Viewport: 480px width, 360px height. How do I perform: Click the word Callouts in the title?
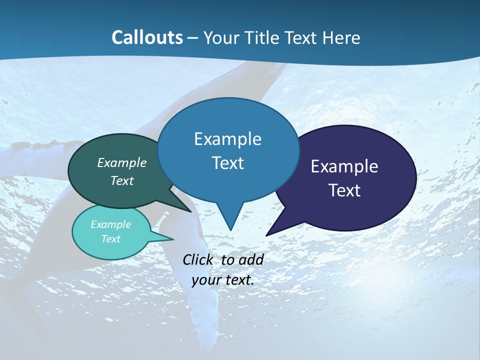pos(147,37)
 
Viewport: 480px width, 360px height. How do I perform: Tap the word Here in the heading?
pos(341,37)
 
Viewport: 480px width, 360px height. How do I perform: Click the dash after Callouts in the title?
pos(193,37)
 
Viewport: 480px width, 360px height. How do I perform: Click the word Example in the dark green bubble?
pos(122,162)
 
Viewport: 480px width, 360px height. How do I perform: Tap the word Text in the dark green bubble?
pos(122,180)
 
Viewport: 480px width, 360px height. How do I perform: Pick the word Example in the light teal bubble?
pos(110,224)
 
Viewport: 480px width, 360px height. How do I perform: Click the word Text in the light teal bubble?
pos(110,239)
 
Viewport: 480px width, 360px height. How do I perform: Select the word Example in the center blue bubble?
pos(227,139)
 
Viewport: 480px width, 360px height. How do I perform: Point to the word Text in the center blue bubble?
pos(227,163)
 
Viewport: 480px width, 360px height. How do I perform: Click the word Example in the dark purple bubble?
pos(344,166)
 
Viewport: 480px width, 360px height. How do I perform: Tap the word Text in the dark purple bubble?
pos(344,190)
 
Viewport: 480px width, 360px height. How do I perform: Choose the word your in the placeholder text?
pos(206,280)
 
